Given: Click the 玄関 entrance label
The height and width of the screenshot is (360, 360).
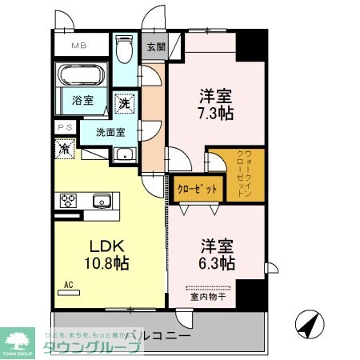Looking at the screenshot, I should click(x=155, y=46).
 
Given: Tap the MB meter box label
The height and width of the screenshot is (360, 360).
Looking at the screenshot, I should click(x=81, y=46).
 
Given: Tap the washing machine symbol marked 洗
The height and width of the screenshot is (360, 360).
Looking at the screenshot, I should click(x=125, y=102).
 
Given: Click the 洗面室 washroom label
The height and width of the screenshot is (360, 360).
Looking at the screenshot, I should click(x=110, y=132).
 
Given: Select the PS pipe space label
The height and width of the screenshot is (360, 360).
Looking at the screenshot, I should click(x=64, y=127).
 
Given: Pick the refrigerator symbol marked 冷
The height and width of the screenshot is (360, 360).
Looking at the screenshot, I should click(x=63, y=147).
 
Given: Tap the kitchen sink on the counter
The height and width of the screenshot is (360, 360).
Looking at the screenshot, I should click(x=102, y=200).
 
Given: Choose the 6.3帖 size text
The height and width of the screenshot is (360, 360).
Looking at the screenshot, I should click(x=216, y=262).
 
